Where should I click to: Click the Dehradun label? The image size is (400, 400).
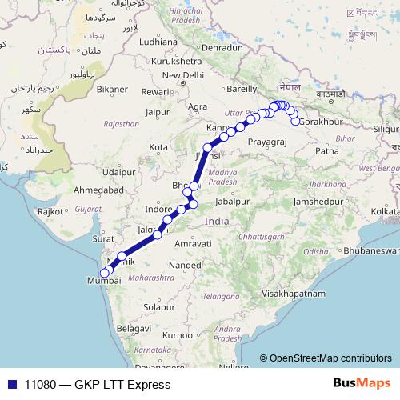pyautogui.click(x=222, y=48)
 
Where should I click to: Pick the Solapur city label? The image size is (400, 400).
pyautogui.click(x=158, y=306)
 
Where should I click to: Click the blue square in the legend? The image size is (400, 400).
pyautogui.click(x=11, y=384)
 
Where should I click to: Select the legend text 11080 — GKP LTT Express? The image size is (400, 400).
pyautogui.click(x=98, y=385)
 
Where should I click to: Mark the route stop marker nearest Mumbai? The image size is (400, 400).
pyautogui.click(x=104, y=274)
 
